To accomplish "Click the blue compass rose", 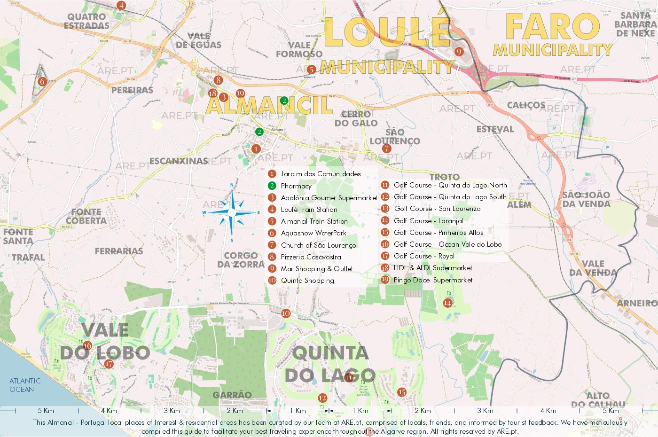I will (232, 212).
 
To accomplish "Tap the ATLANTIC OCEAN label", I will (25, 385).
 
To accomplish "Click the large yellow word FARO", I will (552, 27).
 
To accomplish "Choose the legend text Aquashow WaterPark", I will (313, 233).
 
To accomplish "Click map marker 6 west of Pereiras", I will (42, 81).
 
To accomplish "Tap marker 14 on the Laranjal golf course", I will (447, 303).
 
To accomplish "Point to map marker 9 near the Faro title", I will (459, 52).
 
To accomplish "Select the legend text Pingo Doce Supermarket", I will (433, 280).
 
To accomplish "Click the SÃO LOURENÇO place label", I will (395, 137).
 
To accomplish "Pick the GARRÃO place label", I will (232, 395).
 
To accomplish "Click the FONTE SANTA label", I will (18, 236).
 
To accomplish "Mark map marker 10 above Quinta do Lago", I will (286, 313).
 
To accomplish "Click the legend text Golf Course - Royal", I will (424, 256).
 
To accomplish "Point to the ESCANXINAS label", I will (179, 161).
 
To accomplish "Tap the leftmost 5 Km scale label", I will (46, 411).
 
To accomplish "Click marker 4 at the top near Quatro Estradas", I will (121, 6).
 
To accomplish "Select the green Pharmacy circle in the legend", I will (272, 186).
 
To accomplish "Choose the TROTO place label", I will (444, 177).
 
